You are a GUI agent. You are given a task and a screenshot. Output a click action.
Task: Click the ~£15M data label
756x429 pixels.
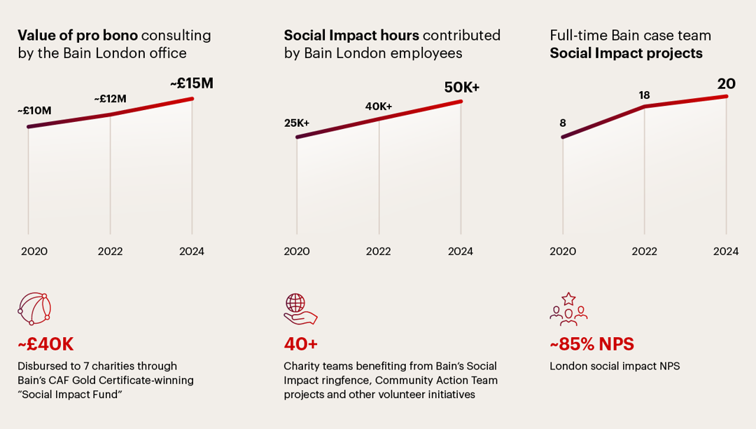click(x=191, y=83)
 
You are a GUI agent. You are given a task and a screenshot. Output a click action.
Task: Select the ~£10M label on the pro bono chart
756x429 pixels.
click(x=34, y=110)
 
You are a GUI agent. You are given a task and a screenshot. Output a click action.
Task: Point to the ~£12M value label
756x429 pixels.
click(x=110, y=99)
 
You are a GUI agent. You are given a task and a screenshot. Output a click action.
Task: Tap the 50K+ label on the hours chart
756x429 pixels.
click(x=462, y=88)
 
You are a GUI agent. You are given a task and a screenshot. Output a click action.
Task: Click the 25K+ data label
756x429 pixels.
click(x=297, y=123)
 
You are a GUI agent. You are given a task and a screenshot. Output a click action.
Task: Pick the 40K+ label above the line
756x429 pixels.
click(x=379, y=106)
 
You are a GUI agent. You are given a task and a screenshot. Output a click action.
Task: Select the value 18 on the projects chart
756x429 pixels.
click(x=644, y=95)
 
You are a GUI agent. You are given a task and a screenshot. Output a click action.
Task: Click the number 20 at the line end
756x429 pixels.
click(x=727, y=83)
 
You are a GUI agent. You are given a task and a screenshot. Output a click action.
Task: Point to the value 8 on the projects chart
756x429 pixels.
click(x=562, y=123)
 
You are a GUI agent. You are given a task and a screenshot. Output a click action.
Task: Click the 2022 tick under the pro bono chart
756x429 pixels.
click(x=110, y=251)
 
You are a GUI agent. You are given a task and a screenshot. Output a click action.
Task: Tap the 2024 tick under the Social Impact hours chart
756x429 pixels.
click(x=461, y=251)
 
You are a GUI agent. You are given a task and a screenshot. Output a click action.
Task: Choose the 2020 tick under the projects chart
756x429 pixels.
click(x=563, y=251)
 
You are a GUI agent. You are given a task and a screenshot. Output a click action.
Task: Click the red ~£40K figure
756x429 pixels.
click(x=45, y=344)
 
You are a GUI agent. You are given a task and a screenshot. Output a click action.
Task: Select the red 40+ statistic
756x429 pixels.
click(x=301, y=344)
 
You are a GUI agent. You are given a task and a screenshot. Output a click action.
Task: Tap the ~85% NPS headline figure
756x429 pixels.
click(x=591, y=344)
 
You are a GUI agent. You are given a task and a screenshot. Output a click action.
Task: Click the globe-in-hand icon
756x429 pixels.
click(x=300, y=309)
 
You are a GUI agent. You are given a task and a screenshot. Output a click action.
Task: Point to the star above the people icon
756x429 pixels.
click(x=568, y=299)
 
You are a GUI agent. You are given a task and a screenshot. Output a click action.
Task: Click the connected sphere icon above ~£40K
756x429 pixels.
click(x=34, y=309)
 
